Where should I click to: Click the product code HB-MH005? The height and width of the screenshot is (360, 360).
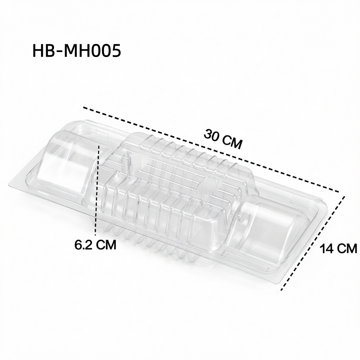77,51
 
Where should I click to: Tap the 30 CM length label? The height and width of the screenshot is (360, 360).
223,139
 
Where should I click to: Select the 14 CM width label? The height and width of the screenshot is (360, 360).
338,249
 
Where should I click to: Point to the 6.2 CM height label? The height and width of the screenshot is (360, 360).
95,245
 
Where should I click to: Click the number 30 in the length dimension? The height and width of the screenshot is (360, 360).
212,135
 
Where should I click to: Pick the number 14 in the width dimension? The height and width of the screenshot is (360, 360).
327,249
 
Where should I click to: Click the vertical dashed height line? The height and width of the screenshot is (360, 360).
97,190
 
